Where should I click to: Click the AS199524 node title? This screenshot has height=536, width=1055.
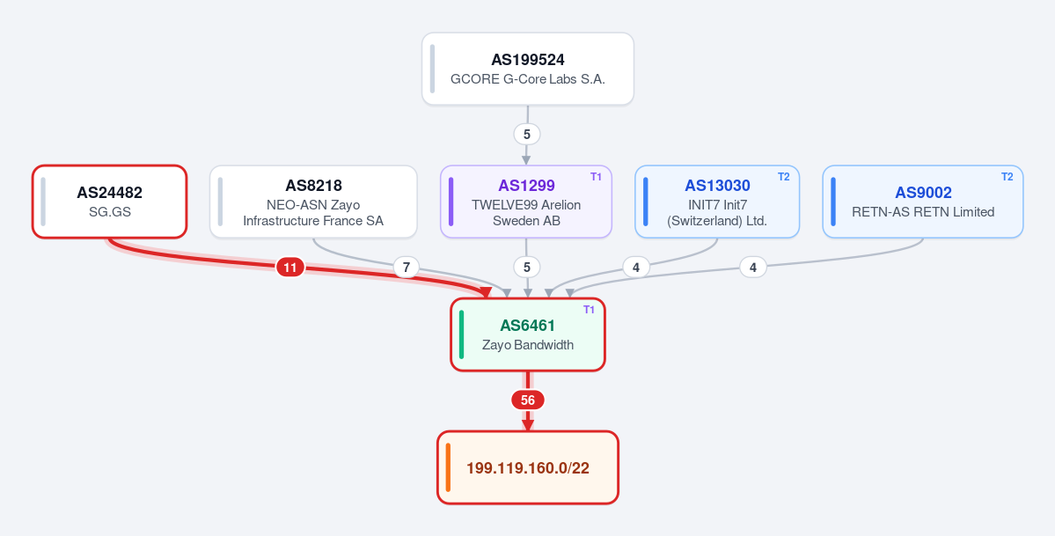click(528, 60)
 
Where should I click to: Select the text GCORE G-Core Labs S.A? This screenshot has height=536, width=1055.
click(528, 79)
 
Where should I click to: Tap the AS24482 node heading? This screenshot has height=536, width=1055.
click(110, 193)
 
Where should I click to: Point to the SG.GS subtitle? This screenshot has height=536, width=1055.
click(110, 212)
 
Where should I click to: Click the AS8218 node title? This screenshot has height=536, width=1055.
click(313, 186)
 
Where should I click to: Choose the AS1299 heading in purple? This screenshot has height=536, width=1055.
click(526, 186)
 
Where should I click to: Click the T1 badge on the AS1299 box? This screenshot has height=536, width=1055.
click(596, 177)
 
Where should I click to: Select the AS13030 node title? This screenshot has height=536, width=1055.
click(717, 186)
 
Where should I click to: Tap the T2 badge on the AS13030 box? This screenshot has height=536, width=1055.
click(784, 177)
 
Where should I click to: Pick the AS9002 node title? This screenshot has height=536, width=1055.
click(923, 193)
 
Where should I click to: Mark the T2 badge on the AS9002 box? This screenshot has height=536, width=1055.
click(1007, 177)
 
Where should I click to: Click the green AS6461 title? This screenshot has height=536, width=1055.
click(528, 326)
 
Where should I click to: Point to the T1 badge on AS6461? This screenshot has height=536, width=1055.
click(589, 310)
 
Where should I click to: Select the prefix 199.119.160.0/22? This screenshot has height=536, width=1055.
click(528, 468)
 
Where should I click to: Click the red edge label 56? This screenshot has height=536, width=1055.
click(528, 400)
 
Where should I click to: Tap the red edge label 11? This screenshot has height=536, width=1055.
click(290, 268)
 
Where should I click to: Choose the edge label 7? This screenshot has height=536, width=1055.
click(406, 268)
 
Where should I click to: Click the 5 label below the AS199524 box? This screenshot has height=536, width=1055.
click(527, 134)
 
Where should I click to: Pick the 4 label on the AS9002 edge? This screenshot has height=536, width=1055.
click(753, 268)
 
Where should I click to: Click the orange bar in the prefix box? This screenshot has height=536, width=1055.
click(448, 467)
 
